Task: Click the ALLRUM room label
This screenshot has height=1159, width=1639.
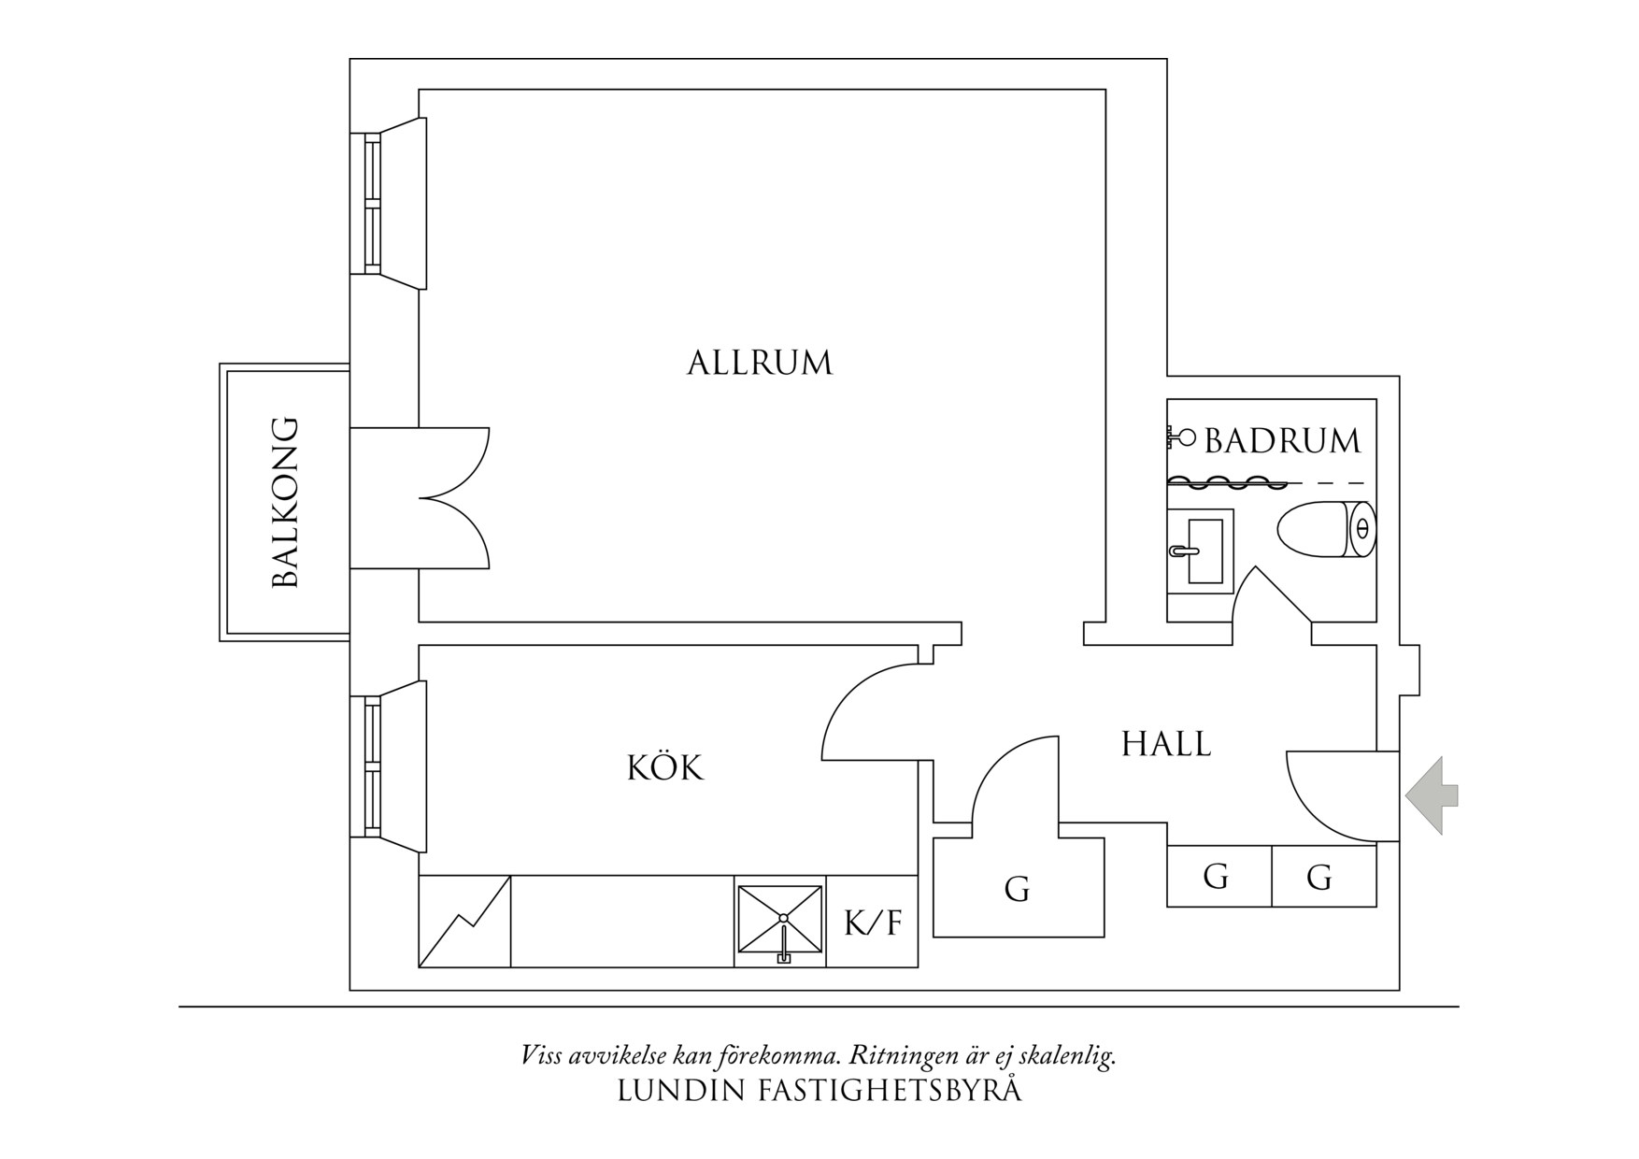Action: [x=759, y=363]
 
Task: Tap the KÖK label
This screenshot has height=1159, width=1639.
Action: [x=664, y=768]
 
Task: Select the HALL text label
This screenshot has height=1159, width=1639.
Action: [x=1165, y=744]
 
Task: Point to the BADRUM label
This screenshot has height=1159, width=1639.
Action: [x=1282, y=441]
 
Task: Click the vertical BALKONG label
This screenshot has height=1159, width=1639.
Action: [x=285, y=502]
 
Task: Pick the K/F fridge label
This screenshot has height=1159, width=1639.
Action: [x=873, y=923]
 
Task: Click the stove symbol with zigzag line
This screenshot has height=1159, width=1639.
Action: [x=464, y=921]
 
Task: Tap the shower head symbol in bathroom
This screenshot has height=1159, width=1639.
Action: [x=1183, y=436]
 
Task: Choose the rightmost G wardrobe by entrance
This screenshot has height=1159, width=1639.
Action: [x=1318, y=877]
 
